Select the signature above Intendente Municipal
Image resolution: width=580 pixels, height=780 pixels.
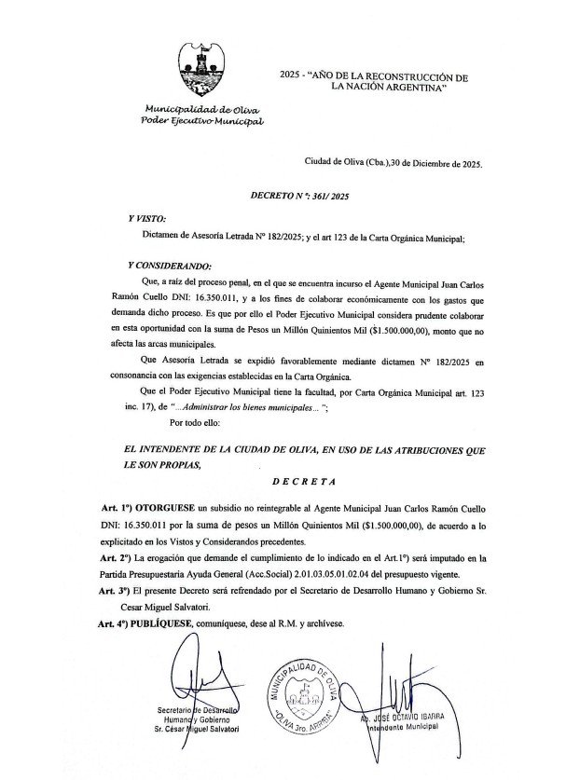(401, 685)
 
